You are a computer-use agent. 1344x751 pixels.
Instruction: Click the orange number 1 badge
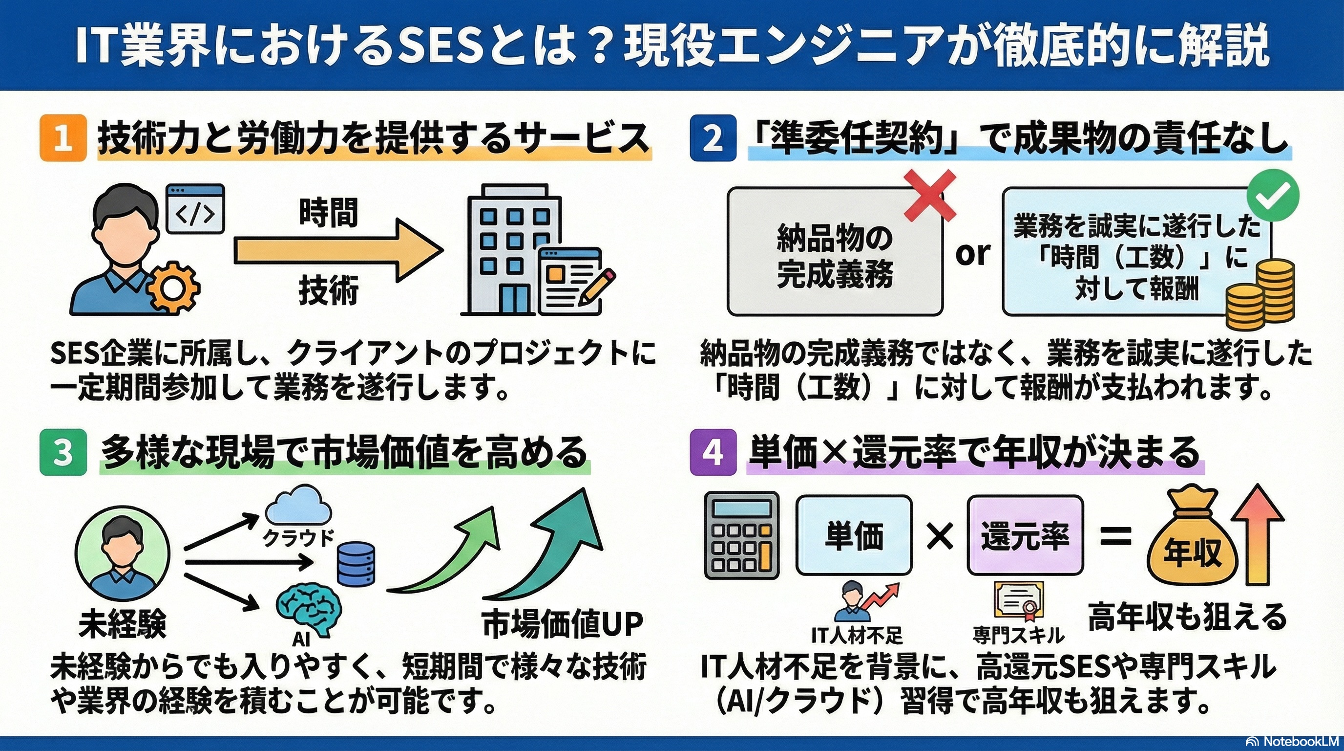(x=63, y=138)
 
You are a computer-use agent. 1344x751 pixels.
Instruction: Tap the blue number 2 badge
(x=713, y=138)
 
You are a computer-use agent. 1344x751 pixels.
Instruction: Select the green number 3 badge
(x=63, y=452)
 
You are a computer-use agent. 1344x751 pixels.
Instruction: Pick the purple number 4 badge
(x=713, y=452)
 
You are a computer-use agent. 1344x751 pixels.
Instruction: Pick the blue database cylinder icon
(x=356, y=563)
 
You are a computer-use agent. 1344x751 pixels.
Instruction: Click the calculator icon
(x=741, y=535)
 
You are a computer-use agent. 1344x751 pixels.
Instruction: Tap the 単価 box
(x=854, y=535)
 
